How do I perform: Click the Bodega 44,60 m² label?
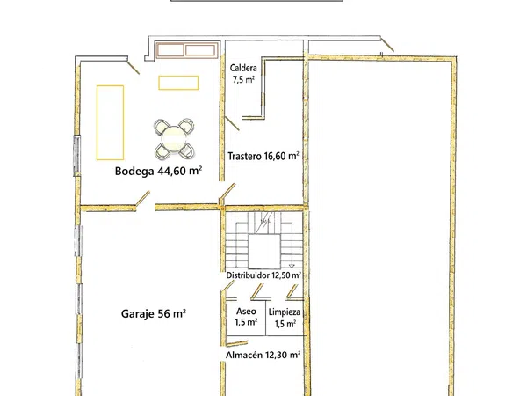click(158, 171)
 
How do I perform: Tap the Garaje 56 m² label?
click(153, 313)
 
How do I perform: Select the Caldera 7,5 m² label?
click(243, 74)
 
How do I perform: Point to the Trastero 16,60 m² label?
click(263, 156)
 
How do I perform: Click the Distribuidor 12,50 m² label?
click(263, 275)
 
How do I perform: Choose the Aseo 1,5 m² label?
click(246, 317)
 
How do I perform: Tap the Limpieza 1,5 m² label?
click(285, 318)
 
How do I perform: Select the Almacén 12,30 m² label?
click(263, 355)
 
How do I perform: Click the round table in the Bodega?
click(173, 138)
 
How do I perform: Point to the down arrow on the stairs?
click(292, 265)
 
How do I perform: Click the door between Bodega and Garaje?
click(143, 198)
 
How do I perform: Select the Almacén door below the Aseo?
click(237, 343)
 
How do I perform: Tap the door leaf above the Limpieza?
click(292, 291)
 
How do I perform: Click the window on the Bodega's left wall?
click(77, 155)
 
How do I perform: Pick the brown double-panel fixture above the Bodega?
click(186, 50)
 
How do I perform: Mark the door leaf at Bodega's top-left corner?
click(134, 68)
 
